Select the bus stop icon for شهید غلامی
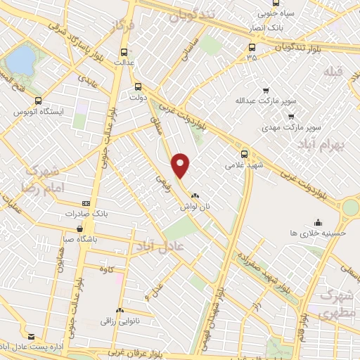click(245, 154)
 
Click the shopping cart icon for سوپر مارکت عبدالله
click(266, 91)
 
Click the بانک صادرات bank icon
click(86, 203)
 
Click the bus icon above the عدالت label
click(125, 51)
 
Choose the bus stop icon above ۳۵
click(251, 48)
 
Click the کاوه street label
click(106, 270)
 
